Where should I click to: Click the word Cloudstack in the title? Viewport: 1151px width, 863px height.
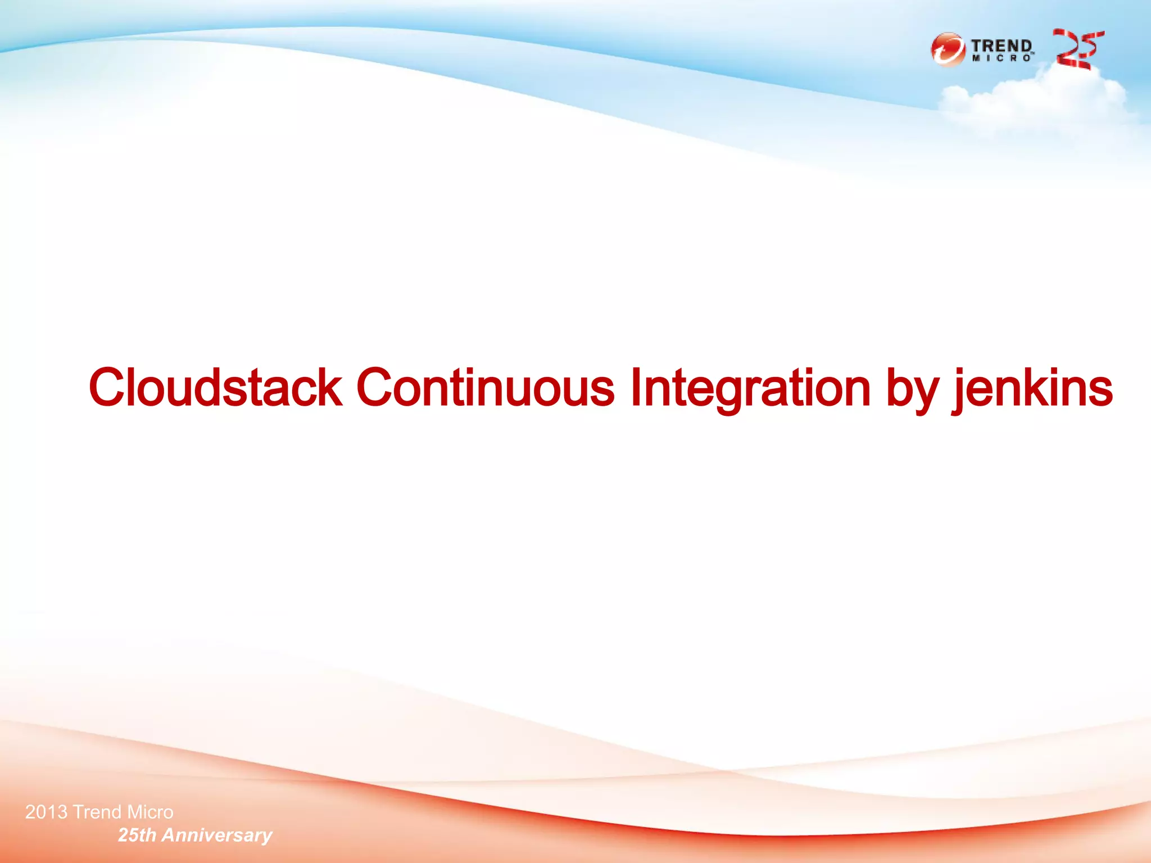tap(215, 388)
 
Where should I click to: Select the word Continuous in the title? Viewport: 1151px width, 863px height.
tap(486, 388)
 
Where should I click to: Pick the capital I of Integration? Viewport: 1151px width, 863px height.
tap(635, 387)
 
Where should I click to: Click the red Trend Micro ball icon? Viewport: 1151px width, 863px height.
tap(948, 49)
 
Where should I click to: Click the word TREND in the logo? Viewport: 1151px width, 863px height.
tap(1002, 46)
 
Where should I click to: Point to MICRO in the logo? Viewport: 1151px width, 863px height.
tap(1002, 58)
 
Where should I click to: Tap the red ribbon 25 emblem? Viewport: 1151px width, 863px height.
tap(1078, 49)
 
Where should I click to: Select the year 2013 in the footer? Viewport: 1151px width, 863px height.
tap(46, 812)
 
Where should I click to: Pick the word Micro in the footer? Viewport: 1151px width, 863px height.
tap(150, 812)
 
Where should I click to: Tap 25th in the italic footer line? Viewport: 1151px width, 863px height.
tap(137, 835)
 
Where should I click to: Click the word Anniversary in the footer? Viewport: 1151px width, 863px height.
tap(217, 835)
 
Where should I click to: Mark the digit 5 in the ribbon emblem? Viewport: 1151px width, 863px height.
tap(1090, 45)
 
